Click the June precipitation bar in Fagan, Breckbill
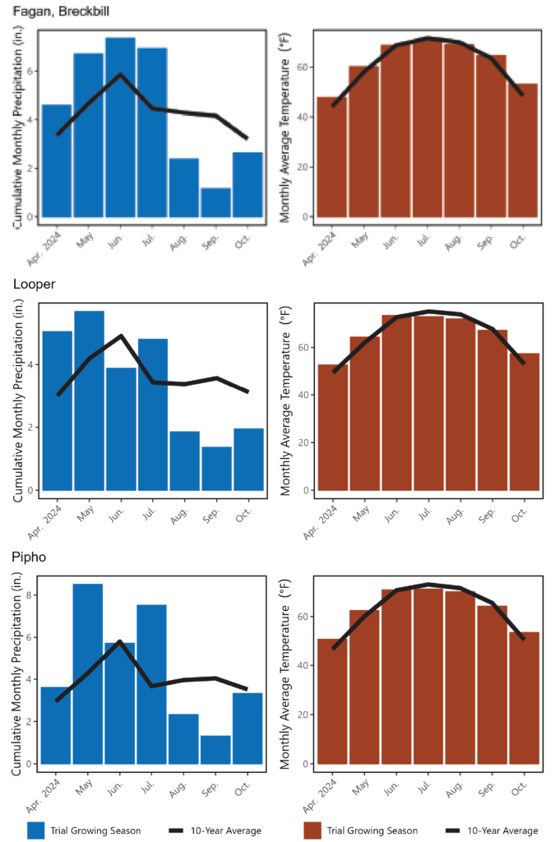pyautogui.click(x=120, y=127)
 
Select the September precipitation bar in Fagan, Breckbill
pyautogui.click(x=215, y=202)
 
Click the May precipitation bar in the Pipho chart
pyautogui.click(x=88, y=673)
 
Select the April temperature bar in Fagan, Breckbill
pyautogui.click(x=332, y=157)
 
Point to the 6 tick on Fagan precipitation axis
pyautogui.click(x=30, y=72)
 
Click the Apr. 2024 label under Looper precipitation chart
pyautogui.click(x=49, y=512)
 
